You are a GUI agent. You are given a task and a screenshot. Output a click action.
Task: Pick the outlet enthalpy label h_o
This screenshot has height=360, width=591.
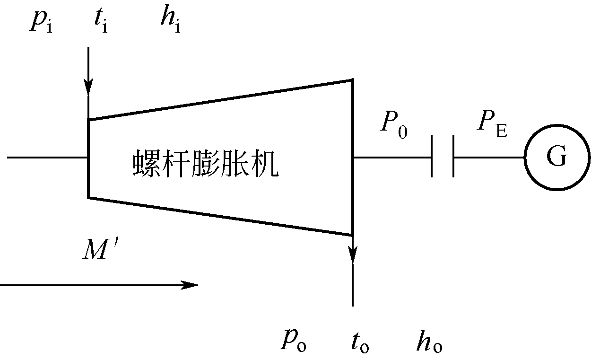(x=429, y=342)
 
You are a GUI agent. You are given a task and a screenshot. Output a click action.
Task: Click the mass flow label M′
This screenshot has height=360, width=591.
(x=101, y=250)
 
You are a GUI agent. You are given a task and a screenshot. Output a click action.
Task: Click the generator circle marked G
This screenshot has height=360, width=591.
(x=557, y=157)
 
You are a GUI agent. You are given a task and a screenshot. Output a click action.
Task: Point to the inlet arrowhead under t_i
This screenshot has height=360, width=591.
(x=88, y=88)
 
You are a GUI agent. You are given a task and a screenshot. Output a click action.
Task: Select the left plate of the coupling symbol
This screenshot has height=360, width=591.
(x=432, y=157)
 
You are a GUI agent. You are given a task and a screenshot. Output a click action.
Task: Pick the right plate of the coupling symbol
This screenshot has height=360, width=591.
(x=453, y=157)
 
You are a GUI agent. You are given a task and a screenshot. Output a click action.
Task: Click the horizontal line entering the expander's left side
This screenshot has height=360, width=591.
(x=47, y=157)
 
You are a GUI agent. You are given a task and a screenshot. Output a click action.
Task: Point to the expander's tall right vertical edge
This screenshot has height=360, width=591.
(x=352, y=156)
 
